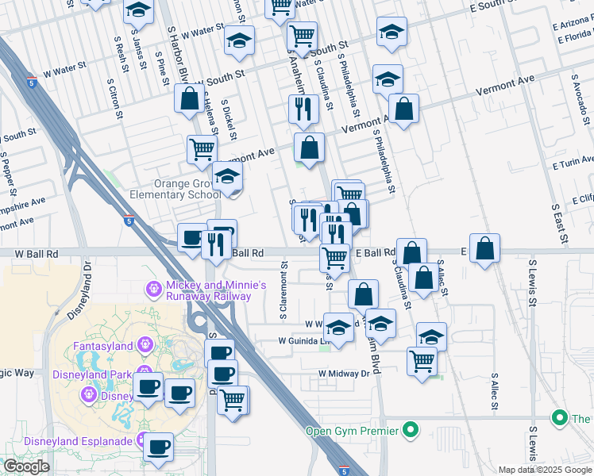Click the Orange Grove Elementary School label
tap(187, 189)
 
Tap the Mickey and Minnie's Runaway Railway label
tap(209, 290)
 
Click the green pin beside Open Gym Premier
tap(410, 431)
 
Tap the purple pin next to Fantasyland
tap(144, 345)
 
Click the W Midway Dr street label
tap(345, 373)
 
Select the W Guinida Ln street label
tap(302, 341)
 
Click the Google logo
tap(26, 466)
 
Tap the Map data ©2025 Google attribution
tap(544, 470)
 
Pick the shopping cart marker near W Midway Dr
tap(422, 360)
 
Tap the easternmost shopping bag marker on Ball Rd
tap(484, 248)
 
